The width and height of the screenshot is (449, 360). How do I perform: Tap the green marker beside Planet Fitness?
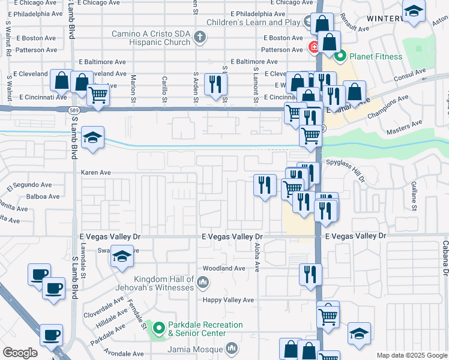click(x=341, y=58)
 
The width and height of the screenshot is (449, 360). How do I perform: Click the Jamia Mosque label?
click(x=198, y=348)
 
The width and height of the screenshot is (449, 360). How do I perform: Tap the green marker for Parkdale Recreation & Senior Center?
click(x=159, y=328)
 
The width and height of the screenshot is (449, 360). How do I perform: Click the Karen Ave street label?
click(x=96, y=172)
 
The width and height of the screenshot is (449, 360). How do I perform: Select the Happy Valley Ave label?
click(x=228, y=300)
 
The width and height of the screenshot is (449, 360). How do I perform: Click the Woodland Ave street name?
click(x=224, y=268)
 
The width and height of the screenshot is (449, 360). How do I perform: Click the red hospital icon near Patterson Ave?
click(x=313, y=47)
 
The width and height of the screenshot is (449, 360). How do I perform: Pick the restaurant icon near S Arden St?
click(x=215, y=84)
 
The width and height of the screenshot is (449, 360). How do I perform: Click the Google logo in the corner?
click(x=20, y=353)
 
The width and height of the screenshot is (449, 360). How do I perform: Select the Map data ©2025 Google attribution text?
click(x=412, y=355)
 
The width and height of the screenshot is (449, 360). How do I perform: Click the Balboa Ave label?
click(x=43, y=196)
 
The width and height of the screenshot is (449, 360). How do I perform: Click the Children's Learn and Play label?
click(x=254, y=22)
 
